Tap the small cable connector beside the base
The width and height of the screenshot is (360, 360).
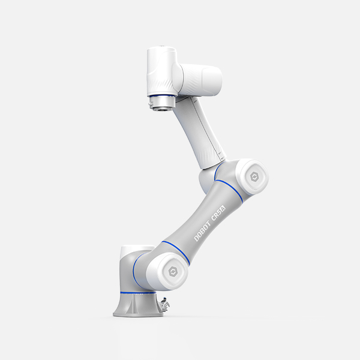point(164,304)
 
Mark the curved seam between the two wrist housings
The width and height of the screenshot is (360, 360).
point(175,75)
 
